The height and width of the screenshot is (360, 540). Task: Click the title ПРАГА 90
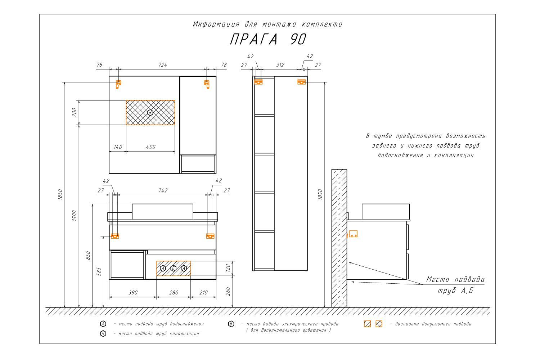pos(268,39)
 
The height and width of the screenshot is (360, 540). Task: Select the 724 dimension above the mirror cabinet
pos(163,65)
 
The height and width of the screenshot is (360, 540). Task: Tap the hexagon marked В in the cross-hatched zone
pos(150,113)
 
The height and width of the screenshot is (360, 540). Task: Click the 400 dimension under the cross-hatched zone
pos(151,147)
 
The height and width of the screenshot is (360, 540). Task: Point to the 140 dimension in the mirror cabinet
pos(118,147)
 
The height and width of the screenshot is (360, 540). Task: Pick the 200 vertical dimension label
pos(75,112)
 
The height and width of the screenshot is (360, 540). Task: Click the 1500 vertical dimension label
pos(75,216)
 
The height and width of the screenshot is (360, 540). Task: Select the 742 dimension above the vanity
pos(163,190)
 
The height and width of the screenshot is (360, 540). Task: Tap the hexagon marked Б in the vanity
pos(173,268)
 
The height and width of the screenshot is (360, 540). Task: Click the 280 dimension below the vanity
pos(174,292)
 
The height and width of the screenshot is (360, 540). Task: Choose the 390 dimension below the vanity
pos(133,292)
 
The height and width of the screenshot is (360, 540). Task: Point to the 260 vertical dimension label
pos(228,291)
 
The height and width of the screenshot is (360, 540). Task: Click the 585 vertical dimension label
pos(99,271)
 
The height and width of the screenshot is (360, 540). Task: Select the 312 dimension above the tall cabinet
pos(280,65)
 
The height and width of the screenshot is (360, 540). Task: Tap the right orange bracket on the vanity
pos(210,236)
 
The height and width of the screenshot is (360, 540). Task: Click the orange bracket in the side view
pos(353,234)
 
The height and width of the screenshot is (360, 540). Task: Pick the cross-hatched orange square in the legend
pos(379,324)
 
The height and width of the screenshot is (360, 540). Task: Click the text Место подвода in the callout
pos(455,279)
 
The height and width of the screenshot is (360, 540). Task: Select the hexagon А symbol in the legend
pos(103,324)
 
